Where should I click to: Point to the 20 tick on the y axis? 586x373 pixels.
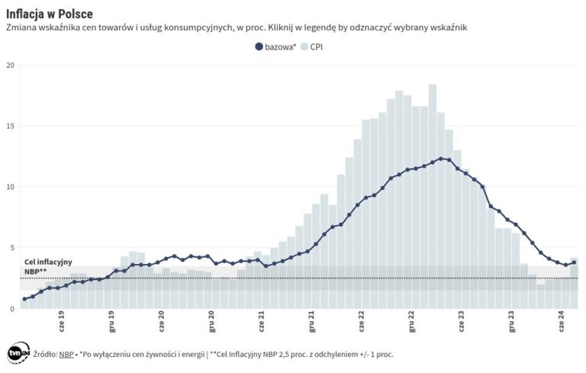(x=10, y=65)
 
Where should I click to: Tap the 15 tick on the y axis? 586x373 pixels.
(x=10, y=126)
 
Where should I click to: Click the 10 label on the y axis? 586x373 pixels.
(x=10, y=187)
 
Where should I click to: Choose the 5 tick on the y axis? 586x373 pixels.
(x=11, y=247)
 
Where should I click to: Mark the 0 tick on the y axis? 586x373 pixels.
(x=11, y=308)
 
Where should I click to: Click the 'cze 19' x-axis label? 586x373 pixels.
(x=61, y=320)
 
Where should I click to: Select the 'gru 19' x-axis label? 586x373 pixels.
(x=111, y=320)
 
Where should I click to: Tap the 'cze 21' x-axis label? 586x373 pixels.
(x=261, y=320)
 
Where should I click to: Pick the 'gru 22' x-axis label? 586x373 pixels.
(x=411, y=320)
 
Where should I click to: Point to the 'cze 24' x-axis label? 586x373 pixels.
(x=562, y=320)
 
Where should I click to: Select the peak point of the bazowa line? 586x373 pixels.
(x=441, y=159)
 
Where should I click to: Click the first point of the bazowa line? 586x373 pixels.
(x=24, y=299)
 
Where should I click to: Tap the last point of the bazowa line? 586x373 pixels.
(x=574, y=262)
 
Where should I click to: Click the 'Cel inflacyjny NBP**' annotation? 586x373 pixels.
(x=47, y=266)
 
